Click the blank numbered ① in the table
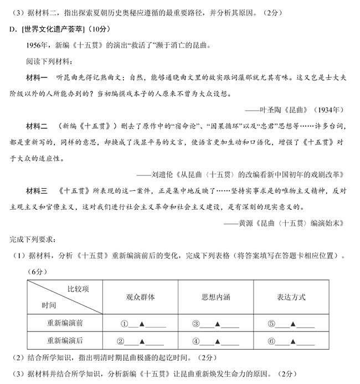(x=141, y=324)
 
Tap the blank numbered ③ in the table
(x=216, y=324)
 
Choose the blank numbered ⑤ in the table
(x=291, y=324)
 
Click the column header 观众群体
(x=141, y=297)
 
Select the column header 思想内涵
(x=216, y=297)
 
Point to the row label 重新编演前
(x=65, y=324)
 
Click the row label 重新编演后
(x=65, y=341)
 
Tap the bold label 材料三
(x=37, y=191)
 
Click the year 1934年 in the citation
(x=329, y=110)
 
